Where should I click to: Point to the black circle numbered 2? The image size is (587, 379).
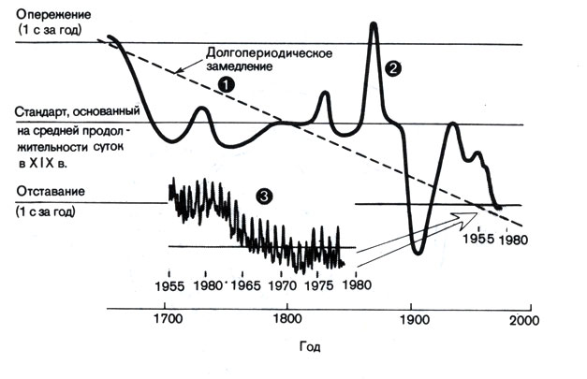(x=393, y=68)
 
